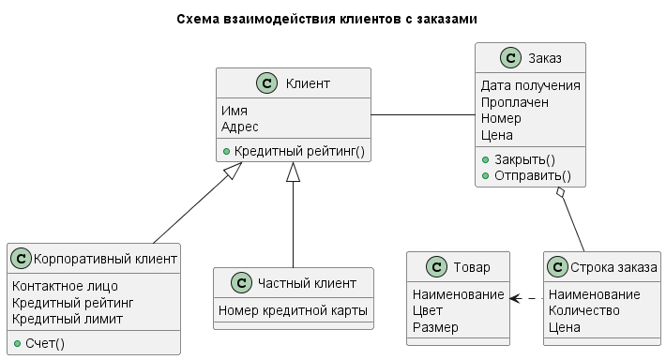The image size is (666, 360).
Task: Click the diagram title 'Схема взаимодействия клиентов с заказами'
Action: (333, 19)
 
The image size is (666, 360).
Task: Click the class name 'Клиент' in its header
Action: (307, 84)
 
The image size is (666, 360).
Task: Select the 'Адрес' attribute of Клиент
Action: (240, 127)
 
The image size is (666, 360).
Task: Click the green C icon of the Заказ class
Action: (511, 59)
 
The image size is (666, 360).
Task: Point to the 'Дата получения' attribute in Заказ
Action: (530, 85)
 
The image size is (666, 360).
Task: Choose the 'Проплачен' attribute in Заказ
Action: (515, 102)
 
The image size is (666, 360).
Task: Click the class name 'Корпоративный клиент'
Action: (105, 258)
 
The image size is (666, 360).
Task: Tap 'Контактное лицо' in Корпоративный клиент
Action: (65, 285)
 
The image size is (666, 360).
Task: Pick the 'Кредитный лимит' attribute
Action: (68, 319)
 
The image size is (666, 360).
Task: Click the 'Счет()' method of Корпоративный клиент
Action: (45, 343)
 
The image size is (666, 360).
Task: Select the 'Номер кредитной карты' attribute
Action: (293, 310)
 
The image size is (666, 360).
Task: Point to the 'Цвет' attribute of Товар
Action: (427, 310)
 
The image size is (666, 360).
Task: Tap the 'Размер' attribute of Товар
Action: (435, 327)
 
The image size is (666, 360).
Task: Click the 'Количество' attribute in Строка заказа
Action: (584, 310)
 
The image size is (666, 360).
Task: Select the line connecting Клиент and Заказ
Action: (423, 115)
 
